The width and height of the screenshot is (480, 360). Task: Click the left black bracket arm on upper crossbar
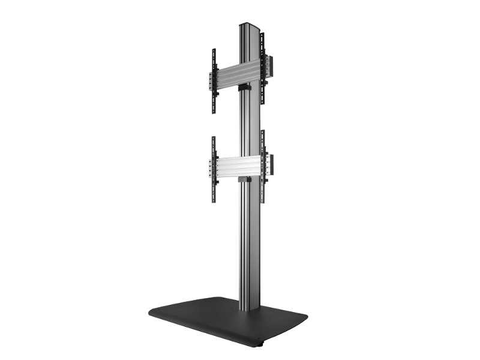click(x=214, y=81)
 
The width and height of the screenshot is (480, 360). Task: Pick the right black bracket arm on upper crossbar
click(x=262, y=68)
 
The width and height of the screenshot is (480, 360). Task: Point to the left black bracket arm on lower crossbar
click(x=214, y=169)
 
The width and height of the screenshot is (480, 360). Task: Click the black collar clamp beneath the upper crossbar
click(x=244, y=88)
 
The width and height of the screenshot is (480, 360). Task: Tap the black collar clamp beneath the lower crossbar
click(x=244, y=179)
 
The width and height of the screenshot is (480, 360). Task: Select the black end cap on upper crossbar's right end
click(x=270, y=66)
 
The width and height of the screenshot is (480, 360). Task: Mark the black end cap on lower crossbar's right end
click(x=270, y=164)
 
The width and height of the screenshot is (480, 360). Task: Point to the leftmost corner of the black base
click(x=150, y=313)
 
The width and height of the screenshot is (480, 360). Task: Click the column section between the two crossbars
click(x=248, y=126)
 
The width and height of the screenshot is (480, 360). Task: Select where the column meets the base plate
click(x=249, y=308)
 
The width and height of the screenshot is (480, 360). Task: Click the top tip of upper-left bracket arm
click(x=214, y=50)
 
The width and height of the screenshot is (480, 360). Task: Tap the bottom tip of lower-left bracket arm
click(x=214, y=200)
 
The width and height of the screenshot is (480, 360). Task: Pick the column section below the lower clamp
click(x=248, y=246)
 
